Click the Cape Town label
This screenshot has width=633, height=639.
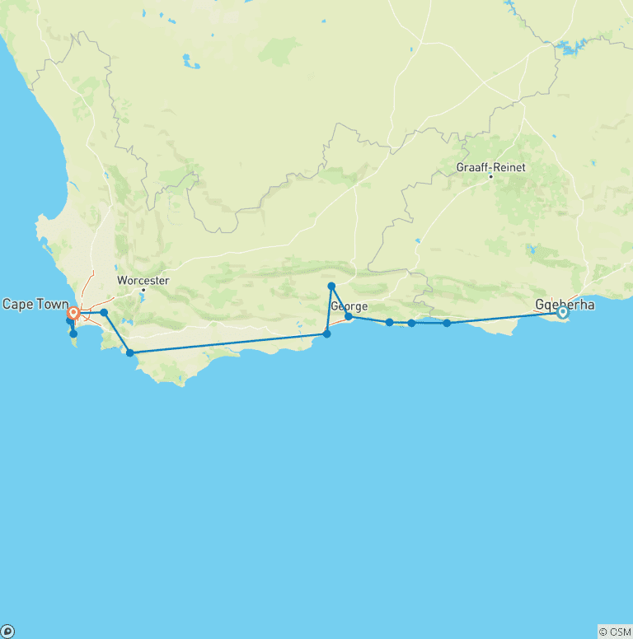(x=35, y=305)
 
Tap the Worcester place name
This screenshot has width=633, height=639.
(x=143, y=281)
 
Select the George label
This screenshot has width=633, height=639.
(x=349, y=306)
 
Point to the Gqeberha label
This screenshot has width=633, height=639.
(x=565, y=303)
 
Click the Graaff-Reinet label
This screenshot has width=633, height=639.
(x=490, y=167)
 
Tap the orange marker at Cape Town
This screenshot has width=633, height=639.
(x=73, y=313)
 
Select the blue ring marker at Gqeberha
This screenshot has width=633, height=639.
(x=563, y=312)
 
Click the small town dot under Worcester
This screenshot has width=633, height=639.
(x=143, y=290)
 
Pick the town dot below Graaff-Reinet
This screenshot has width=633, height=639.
(x=490, y=176)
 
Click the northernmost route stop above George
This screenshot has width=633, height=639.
(x=331, y=286)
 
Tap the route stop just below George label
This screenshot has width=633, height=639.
(x=349, y=316)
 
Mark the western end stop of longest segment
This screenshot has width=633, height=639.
(x=130, y=352)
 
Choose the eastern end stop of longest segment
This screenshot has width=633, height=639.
(x=327, y=333)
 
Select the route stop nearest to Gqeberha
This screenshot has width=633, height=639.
(x=447, y=323)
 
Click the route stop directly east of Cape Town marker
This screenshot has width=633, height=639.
(x=104, y=313)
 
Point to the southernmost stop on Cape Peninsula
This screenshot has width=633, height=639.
(x=73, y=333)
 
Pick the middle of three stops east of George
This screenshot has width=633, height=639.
(x=411, y=323)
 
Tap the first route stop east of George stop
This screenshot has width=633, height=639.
(x=389, y=322)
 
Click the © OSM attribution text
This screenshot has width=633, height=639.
(x=615, y=632)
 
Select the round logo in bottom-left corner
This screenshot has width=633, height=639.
(x=7, y=632)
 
